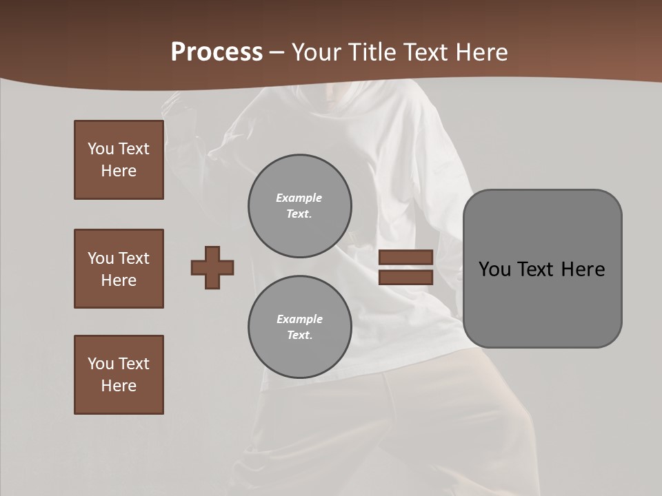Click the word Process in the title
217,52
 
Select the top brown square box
119,160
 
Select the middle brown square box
119,269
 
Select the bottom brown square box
119,375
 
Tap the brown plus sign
212,267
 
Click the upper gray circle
299,206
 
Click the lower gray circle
299,327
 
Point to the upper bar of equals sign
405,257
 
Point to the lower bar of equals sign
405,278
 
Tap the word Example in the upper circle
299,198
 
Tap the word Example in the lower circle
299,319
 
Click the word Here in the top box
119,171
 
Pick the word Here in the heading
482,52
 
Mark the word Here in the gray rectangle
583,269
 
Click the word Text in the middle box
134,258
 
